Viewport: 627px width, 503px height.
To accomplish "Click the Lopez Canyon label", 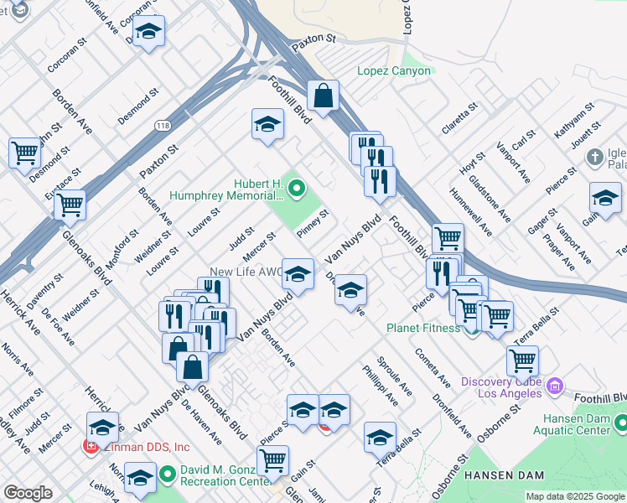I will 393,70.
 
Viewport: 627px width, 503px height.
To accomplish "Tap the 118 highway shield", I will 164,125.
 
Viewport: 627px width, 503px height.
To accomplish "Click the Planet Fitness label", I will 422,328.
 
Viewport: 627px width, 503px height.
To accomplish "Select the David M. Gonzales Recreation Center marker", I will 167,475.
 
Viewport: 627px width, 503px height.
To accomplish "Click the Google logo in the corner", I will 28,493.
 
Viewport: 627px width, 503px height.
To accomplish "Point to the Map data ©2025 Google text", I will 575,496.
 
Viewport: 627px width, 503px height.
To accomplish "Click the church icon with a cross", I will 594,157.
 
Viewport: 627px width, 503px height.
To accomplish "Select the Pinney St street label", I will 313,223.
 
